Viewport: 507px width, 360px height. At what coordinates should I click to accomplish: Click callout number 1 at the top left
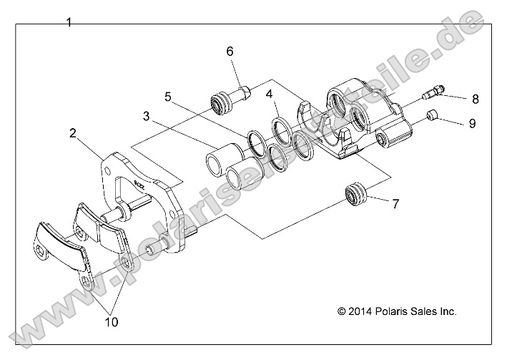pyautogui.click(x=69, y=22)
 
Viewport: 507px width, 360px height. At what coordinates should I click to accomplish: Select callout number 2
pyautogui.click(x=73, y=132)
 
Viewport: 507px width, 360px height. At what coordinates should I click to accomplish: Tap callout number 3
pyautogui.click(x=145, y=115)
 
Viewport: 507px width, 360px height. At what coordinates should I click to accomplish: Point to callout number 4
pyautogui.click(x=270, y=94)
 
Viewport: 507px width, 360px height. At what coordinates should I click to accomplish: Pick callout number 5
pyautogui.click(x=168, y=96)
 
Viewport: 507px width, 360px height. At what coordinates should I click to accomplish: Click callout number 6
pyautogui.click(x=230, y=52)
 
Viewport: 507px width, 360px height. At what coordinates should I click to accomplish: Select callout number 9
pyautogui.click(x=473, y=123)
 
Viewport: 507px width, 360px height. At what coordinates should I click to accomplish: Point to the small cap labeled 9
pyautogui.click(x=432, y=116)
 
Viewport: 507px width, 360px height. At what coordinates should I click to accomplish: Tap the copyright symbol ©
pyautogui.click(x=341, y=311)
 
